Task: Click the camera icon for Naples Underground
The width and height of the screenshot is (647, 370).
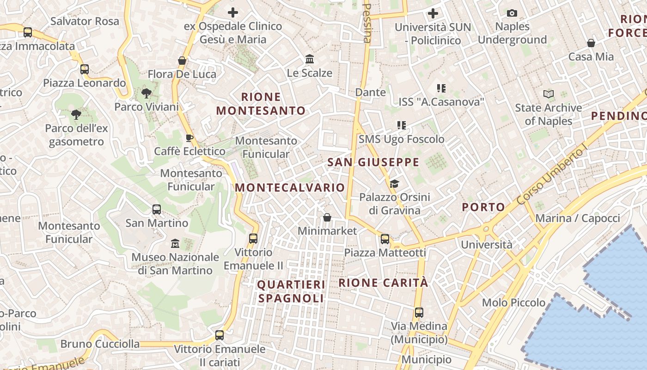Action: [x=512, y=13]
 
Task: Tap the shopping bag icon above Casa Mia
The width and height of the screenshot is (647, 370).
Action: [x=591, y=43]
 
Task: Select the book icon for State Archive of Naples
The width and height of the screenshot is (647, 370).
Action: [x=549, y=94]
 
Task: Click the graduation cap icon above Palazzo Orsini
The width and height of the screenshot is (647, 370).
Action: [x=394, y=184]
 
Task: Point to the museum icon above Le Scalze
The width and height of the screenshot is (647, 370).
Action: [x=310, y=59]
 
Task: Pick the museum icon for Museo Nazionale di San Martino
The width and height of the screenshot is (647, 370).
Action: [x=175, y=243]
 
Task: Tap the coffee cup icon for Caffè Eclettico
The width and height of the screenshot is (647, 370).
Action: [x=189, y=137]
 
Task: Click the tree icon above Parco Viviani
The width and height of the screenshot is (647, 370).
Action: [x=146, y=93]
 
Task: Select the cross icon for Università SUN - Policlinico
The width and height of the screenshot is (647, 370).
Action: [x=433, y=13]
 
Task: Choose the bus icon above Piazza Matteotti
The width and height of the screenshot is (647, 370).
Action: [x=385, y=239]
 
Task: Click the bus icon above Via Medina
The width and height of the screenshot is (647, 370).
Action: [x=419, y=312]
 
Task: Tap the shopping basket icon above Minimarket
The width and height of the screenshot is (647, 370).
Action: [x=327, y=217]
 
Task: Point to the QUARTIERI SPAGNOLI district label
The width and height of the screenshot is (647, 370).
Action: [x=291, y=291]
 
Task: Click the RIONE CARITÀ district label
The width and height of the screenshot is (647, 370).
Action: [x=383, y=283]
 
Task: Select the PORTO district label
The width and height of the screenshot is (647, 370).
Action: [x=483, y=207]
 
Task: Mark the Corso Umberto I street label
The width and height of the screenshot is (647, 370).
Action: [x=552, y=177]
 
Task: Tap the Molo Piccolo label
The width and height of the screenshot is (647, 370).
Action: [x=513, y=302]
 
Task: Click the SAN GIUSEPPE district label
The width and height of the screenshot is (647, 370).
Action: [x=373, y=162]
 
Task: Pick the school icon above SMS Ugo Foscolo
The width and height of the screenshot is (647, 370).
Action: [x=401, y=125]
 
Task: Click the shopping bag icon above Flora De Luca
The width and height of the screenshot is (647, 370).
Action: [x=182, y=61]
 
